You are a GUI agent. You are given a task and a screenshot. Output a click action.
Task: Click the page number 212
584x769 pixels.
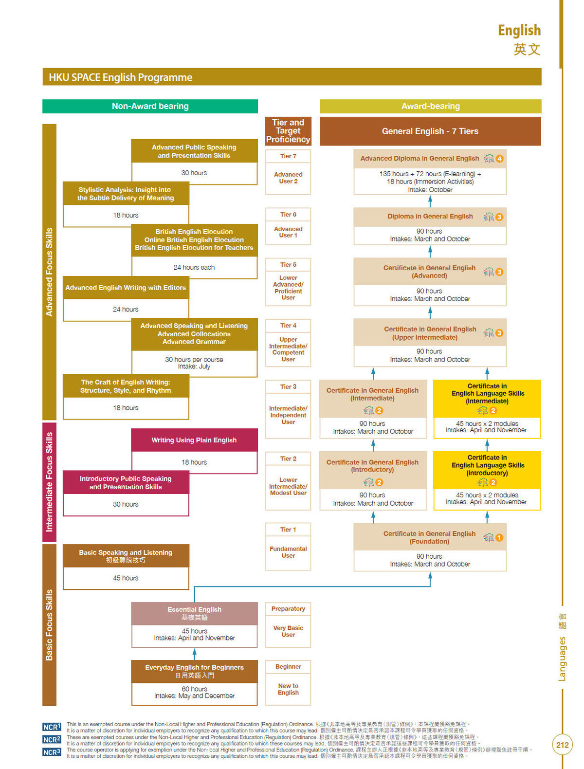pyautogui.click(x=562, y=745)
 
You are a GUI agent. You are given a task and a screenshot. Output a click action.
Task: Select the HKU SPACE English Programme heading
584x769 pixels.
pyautogui.click(x=120, y=77)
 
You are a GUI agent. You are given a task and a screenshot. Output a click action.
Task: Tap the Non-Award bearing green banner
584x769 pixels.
pyautogui.click(x=150, y=106)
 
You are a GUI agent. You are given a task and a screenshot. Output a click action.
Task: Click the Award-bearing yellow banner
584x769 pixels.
pyautogui.click(x=430, y=106)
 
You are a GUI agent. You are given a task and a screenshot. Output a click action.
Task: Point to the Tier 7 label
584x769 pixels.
pyautogui.click(x=288, y=156)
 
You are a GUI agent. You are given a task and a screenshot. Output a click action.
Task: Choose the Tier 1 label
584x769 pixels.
pyautogui.click(x=288, y=530)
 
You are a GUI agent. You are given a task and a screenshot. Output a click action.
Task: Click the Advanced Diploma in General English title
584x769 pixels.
pyautogui.click(x=420, y=158)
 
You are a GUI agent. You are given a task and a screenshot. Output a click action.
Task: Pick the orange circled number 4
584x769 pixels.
pyautogui.click(x=499, y=159)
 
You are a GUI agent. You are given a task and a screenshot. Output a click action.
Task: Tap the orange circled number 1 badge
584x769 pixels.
pyautogui.click(x=499, y=538)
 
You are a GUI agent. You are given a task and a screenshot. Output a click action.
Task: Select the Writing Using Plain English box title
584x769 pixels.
pyautogui.click(x=194, y=440)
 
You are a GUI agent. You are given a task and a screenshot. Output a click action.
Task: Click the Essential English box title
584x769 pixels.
pyautogui.click(x=194, y=609)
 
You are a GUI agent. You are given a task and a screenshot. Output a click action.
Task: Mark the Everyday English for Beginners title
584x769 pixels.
pyautogui.click(x=194, y=667)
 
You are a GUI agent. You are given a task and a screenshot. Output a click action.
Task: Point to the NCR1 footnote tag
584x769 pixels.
pyautogui.click(x=52, y=727)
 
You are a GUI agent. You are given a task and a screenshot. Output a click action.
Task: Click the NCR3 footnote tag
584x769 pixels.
pyautogui.click(x=52, y=752)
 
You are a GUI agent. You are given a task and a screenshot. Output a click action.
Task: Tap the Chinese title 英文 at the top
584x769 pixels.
pyautogui.click(x=527, y=49)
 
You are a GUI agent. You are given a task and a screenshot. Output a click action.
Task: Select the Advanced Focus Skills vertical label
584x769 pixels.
pyautogui.click(x=49, y=272)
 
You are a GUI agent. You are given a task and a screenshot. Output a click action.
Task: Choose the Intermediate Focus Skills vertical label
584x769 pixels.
pyautogui.click(x=49, y=482)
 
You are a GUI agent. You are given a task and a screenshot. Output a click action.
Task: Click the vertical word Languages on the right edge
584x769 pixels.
pyautogui.click(x=562, y=659)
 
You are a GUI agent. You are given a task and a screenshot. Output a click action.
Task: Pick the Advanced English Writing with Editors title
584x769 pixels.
pyautogui.click(x=126, y=288)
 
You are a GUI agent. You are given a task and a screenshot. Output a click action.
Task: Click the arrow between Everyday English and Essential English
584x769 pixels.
pyautogui.click(x=194, y=654)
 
